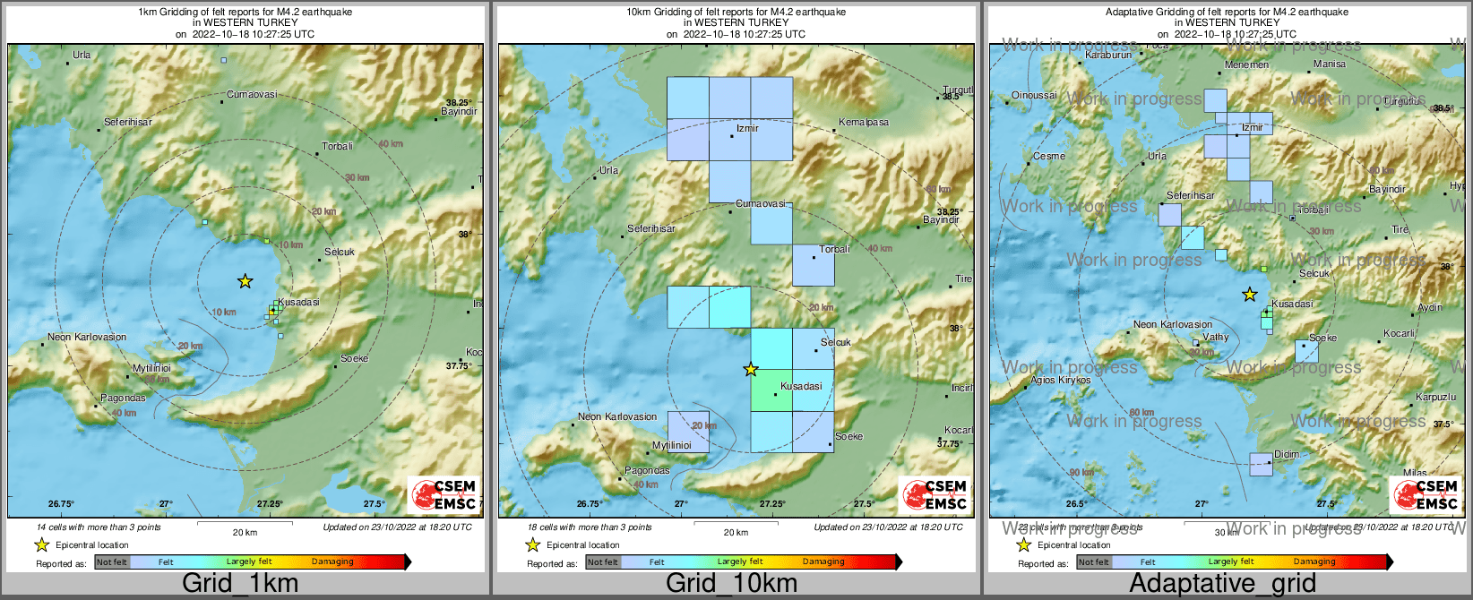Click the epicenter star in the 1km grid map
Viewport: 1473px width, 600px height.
point(245,281)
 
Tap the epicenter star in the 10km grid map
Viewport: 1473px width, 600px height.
point(751,369)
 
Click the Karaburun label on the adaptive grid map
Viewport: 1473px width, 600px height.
point(1108,56)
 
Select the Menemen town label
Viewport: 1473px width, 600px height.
point(1246,64)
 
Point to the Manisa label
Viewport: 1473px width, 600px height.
point(1330,64)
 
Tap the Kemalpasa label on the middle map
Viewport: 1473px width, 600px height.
point(864,122)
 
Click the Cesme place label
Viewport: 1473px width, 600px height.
point(1049,156)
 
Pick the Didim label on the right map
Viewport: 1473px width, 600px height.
point(1287,454)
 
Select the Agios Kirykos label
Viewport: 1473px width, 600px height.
point(1061,381)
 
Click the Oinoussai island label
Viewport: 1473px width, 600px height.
point(1034,95)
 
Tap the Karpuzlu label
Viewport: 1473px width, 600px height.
point(1436,397)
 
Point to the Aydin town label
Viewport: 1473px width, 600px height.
point(1430,307)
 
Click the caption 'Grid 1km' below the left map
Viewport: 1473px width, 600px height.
point(240,583)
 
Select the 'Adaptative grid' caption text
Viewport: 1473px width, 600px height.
point(1222,583)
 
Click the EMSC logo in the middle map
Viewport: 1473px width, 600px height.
point(936,495)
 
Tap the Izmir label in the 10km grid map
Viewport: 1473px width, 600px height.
point(747,128)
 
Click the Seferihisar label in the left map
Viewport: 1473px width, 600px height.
point(128,122)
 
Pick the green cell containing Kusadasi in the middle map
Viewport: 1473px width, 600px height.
point(771,390)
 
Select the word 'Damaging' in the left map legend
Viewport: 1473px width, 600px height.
point(332,562)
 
